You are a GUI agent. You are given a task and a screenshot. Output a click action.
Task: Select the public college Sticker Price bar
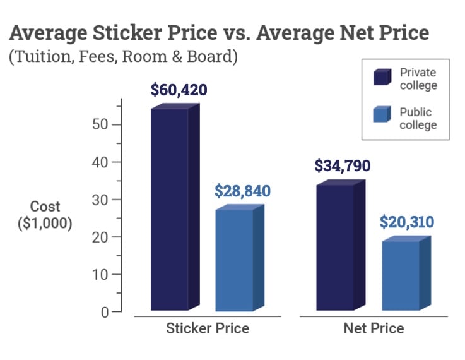[234, 260]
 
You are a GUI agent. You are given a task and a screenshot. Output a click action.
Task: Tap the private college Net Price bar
[334, 247]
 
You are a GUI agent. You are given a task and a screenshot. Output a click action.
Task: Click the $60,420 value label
[179, 90]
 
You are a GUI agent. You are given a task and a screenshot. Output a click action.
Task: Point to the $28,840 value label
[244, 191]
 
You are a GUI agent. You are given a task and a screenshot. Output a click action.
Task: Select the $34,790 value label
[342, 167]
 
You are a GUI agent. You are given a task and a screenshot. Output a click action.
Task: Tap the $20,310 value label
[408, 222]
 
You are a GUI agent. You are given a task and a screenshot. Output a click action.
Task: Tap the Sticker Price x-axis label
[208, 328]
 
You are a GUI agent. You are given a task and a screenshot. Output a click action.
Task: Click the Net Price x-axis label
[374, 328]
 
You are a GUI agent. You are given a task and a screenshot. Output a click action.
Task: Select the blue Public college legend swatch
[382, 115]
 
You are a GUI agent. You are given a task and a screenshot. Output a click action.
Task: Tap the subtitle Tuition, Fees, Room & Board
[124, 56]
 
